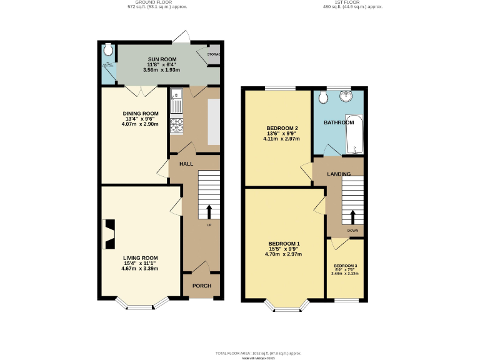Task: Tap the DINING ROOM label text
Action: [x=141, y=113]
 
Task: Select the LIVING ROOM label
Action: [x=141, y=257]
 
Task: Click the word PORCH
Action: [x=202, y=286]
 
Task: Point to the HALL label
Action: [x=186, y=164]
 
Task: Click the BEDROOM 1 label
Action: [x=284, y=243]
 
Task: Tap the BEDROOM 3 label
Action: [x=345, y=266]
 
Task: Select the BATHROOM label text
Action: [x=339, y=122]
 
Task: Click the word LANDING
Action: [x=339, y=174]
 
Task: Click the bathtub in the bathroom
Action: [x=354, y=134]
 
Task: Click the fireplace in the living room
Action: [x=108, y=232]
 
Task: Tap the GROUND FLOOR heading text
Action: [x=157, y=2]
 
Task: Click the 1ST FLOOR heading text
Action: [x=352, y=2]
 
